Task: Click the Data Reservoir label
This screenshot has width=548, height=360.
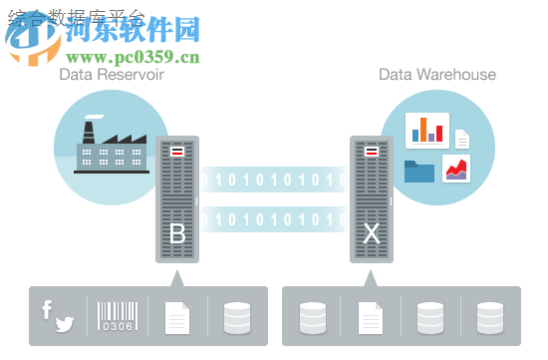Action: point(112,74)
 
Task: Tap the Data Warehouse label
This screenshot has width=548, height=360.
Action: point(436,74)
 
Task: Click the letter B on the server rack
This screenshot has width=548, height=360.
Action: point(177,235)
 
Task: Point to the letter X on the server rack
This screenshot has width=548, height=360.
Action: point(372,235)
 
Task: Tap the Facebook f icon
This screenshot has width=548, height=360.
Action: point(47,309)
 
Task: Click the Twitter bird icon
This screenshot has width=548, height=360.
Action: point(65,323)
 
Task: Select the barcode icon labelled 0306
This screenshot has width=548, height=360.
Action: point(117,316)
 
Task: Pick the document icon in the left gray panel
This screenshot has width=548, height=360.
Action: point(177,316)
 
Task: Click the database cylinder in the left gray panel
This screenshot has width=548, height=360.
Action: point(237,316)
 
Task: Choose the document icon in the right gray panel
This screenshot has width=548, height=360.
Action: point(371,316)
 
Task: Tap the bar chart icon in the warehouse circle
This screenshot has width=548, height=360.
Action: point(429,130)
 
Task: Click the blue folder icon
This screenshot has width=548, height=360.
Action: point(419,171)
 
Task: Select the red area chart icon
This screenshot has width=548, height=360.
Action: point(456,169)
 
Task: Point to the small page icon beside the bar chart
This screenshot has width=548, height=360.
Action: point(462,140)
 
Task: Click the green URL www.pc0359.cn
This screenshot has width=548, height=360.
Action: point(132,57)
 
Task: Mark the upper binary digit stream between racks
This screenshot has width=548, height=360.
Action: point(275,180)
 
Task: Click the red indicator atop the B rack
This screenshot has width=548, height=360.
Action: point(177,151)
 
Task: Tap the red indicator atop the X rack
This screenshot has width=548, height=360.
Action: point(372,151)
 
